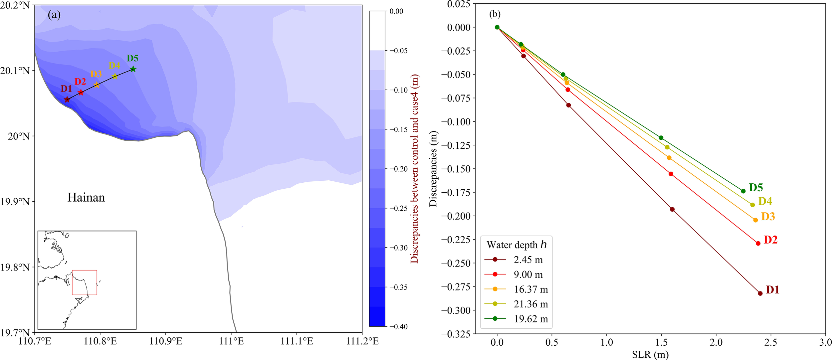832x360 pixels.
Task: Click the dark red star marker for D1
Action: coord(67,99)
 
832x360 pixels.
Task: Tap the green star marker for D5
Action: coord(133,69)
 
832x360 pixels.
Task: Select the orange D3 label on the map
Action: coord(96,74)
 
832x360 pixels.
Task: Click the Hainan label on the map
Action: coord(86,198)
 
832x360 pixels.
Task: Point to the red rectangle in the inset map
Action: coord(85,282)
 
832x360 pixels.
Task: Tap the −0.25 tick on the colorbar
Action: coord(398,209)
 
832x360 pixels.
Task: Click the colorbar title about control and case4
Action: coord(414,169)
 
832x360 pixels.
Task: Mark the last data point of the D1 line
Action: coord(760,293)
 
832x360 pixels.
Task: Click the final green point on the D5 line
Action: coord(743,191)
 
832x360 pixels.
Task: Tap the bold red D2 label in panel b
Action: coord(770,240)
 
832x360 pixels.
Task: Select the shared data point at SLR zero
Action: coord(497,27)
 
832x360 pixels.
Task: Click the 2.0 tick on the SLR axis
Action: coord(716,342)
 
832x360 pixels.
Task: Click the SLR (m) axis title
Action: coord(650,355)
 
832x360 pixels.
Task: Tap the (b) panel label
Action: coord(495,14)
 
